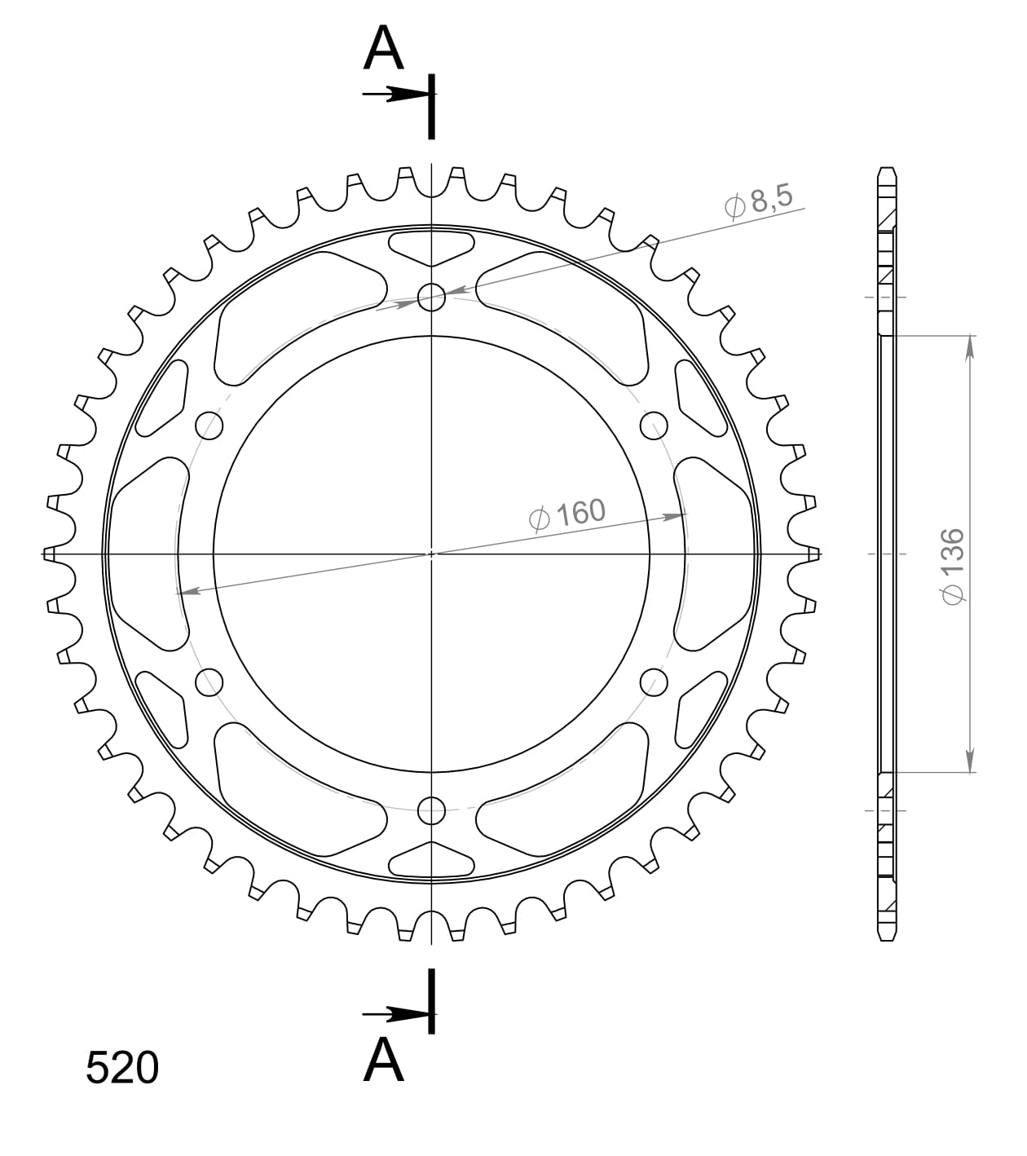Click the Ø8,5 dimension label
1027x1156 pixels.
[x=758, y=201]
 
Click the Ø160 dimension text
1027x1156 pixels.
[x=567, y=514]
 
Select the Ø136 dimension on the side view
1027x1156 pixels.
[x=953, y=566]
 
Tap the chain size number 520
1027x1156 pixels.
[x=122, y=1067]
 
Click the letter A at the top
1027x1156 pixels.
[x=383, y=49]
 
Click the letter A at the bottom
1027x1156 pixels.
[x=383, y=1060]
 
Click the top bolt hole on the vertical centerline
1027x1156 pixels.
[x=431, y=297]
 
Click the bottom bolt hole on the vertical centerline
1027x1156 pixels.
[x=431, y=810]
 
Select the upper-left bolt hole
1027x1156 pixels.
[x=210, y=425]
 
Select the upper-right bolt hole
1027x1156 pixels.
[x=654, y=425]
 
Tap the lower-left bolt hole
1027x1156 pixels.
[x=209, y=681]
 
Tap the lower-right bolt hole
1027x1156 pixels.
[x=654, y=681]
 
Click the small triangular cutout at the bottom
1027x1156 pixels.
[x=431, y=862]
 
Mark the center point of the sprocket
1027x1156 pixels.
[x=431, y=554]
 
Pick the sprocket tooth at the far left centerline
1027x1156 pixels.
[x=51, y=554]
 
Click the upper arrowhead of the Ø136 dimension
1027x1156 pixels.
[x=969, y=346]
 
